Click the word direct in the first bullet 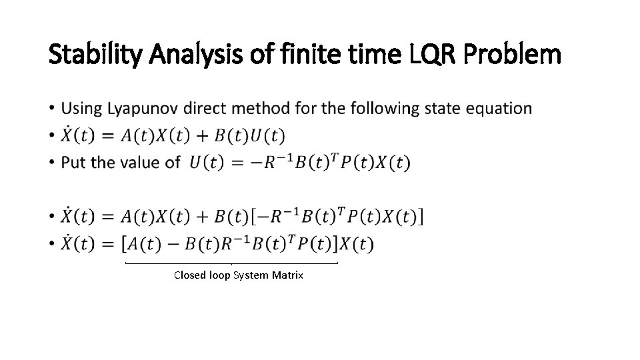point(206,108)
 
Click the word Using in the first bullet point(79,108)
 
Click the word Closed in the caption point(189,275)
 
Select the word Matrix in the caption point(287,275)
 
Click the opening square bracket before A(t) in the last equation point(126,244)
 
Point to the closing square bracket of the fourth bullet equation point(419,217)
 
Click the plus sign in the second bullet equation point(199,136)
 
